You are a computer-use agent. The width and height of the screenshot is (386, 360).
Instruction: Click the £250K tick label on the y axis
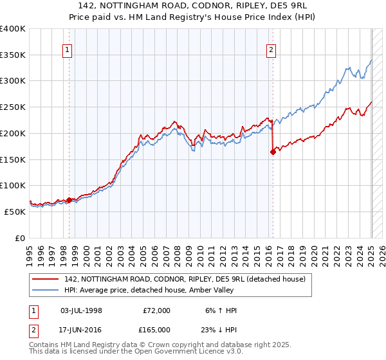pos(13,107)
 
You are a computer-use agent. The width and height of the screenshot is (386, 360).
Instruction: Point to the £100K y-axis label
pos(13,185)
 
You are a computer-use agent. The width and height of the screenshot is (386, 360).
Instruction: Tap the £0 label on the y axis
pos(19,238)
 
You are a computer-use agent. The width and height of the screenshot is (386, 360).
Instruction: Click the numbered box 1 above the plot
pos(68,50)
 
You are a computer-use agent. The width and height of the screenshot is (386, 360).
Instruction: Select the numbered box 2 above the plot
pos(271,50)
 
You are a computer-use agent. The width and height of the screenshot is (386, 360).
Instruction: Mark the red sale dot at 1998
pos(69,200)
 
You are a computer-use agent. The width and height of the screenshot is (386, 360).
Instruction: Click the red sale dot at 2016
pos(273,152)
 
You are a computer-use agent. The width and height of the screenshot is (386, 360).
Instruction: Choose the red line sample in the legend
pos(46,278)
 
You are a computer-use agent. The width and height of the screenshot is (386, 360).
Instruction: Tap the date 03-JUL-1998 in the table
pos(80,310)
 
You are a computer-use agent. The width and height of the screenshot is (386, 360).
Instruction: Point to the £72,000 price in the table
pos(156,310)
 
